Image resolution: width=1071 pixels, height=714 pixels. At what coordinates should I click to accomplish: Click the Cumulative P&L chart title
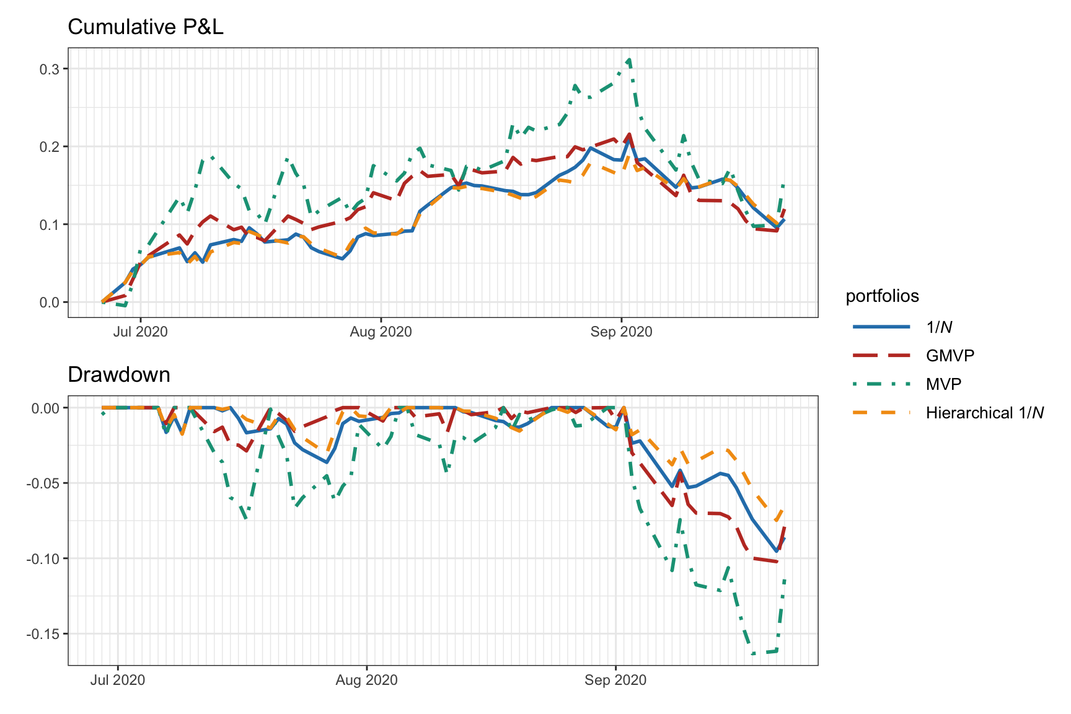pos(145,27)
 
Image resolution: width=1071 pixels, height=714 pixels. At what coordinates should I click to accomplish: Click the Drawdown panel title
pos(118,375)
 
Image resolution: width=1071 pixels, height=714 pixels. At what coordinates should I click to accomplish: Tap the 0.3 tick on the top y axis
pos(50,69)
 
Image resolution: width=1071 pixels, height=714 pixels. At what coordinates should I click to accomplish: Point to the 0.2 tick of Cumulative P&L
pos(50,147)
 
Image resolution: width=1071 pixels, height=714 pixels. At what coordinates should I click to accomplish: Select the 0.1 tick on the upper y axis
pos(50,224)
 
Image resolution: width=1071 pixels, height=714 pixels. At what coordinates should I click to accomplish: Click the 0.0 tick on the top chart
pos(50,302)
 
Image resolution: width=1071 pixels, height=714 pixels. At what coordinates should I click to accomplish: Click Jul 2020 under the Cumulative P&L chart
pos(140,332)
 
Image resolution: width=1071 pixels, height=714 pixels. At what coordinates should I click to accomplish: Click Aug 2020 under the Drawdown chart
pos(366,680)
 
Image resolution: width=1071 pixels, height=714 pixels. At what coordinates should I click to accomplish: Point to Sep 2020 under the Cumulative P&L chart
pos(621,332)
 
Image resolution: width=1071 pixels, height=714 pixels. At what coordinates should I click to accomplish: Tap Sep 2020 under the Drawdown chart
pos(615,680)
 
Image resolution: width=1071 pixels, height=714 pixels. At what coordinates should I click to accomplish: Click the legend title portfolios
pos(882,296)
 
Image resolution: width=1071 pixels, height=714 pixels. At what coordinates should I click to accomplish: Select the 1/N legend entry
pos(938,327)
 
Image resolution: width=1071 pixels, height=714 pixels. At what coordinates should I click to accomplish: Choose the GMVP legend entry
pos(950,355)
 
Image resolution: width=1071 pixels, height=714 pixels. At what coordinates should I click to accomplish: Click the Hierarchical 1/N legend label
pos(984,413)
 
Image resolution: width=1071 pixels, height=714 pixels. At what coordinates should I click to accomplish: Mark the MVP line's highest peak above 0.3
pos(629,59)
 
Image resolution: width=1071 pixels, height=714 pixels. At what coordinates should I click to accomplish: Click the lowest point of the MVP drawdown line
pos(754,654)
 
